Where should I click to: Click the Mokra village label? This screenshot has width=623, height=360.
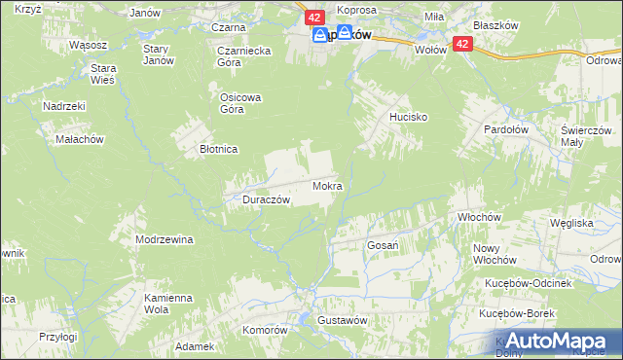pyautogui.click(x=328, y=185)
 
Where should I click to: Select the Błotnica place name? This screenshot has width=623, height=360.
pyautogui.click(x=219, y=150)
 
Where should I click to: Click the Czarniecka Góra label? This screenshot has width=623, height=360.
pyautogui.click(x=242, y=55)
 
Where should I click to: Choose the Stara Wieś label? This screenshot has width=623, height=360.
pyautogui.click(x=103, y=74)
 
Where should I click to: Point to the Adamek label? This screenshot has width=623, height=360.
pyautogui.click(x=195, y=346)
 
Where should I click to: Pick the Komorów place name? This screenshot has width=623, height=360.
pyautogui.click(x=266, y=330)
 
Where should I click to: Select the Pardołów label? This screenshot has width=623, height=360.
pyautogui.click(x=507, y=128)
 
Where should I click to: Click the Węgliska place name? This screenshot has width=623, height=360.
pyautogui.click(x=571, y=223)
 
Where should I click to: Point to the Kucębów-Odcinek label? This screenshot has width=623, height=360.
pyautogui.click(x=532, y=282)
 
